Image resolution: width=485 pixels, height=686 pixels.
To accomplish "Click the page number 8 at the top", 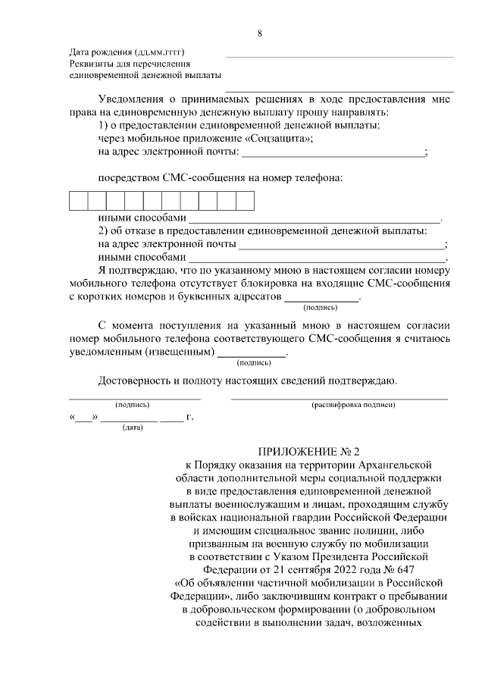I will (259, 33).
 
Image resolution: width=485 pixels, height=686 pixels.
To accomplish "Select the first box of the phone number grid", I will (79, 201).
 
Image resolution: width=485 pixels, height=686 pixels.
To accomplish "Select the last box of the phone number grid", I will (245, 201).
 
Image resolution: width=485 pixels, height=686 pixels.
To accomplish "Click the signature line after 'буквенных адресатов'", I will (321, 301).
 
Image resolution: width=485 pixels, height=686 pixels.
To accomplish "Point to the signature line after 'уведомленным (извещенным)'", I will (252, 356).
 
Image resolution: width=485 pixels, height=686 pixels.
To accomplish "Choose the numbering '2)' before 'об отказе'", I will (105, 230).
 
